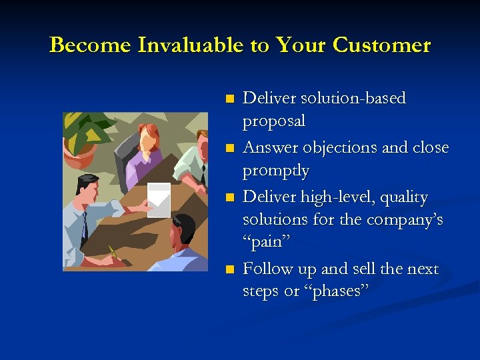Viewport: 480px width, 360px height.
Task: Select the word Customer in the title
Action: pyautogui.click(x=382, y=45)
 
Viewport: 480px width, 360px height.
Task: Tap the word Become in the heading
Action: pyautogui.click(x=90, y=45)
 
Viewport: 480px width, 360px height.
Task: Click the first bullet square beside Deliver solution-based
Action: pyautogui.click(x=230, y=99)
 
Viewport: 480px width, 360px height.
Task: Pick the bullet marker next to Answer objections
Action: pyautogui.click(x=230, y=148)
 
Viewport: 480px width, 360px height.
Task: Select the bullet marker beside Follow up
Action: pyautogui.click(x=230, y=269)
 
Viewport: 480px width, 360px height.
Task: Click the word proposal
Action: pyautogui.click(x=274, y=122)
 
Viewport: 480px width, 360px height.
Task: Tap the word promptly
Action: pyautogui.click(x=276, y=171)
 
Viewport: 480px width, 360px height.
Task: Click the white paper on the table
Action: pyautogui.click(x=158, y=199)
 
